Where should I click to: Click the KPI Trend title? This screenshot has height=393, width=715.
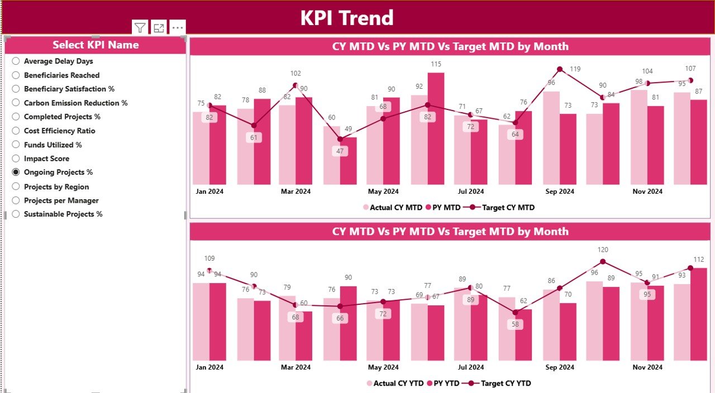point(347,18)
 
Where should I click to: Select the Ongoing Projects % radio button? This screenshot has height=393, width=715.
point(16,172)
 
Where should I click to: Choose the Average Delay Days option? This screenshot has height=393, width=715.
point(16,61)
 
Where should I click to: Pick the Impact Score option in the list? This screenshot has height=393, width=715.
point(16,159)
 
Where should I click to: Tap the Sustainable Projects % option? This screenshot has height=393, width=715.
point(16,214)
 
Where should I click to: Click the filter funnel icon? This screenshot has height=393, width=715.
point(140,28)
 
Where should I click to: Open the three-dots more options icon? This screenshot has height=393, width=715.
point(178,27)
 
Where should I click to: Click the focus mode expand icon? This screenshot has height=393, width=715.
point(159,28)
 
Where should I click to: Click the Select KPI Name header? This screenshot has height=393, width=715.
point(96,45)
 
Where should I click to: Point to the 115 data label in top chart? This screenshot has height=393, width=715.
point(436,64)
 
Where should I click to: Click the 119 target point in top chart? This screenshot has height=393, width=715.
point(560,69)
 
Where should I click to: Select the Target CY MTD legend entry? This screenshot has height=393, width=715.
point(502,207)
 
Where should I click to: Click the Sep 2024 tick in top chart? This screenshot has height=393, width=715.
point(560,191)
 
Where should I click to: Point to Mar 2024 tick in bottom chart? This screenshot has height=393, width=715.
point(295,367)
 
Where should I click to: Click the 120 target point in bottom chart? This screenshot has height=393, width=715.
point(603,261)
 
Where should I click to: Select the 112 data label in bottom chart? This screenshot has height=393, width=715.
point(699,260)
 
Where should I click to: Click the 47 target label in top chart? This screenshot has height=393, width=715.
point(340,151)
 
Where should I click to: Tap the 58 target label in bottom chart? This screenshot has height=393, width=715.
point(515,324)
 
